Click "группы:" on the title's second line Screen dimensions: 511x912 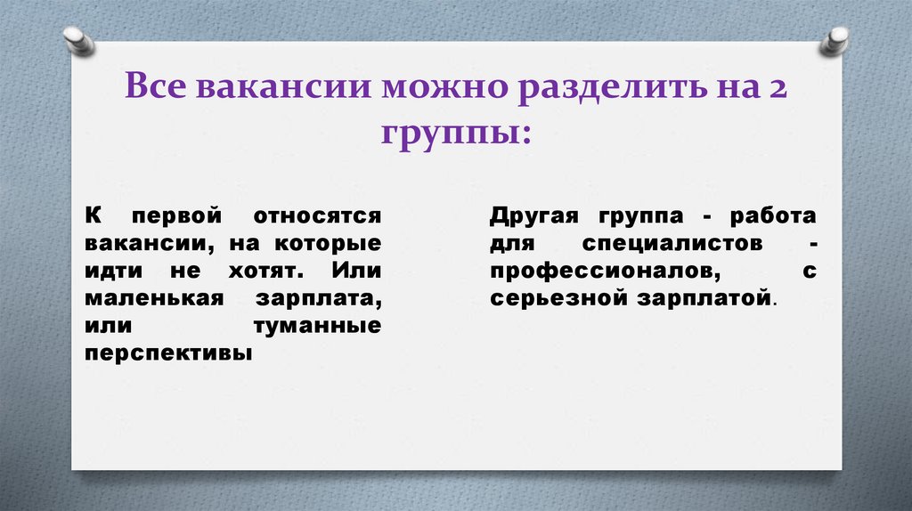tap(456, 134)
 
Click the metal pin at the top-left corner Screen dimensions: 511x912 tap(78, 40)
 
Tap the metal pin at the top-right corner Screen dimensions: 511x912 tap(835, 40)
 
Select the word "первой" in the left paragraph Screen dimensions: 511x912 tap(170, 216)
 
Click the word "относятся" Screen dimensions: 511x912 tap(316, 216)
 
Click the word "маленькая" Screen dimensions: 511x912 tap(152, 298)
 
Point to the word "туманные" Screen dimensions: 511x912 tap(318, 326)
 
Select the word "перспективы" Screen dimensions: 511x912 tap(168, 353)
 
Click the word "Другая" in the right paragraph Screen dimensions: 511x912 tap(533, 216)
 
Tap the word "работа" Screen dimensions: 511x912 tap(772, 216)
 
